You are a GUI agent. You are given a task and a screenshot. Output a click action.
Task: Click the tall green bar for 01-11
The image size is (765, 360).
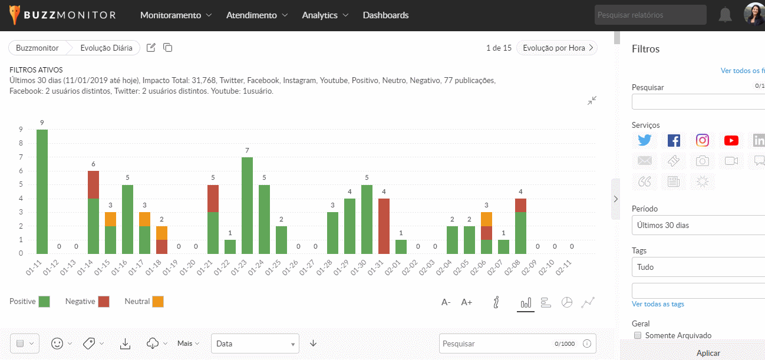pos(42,191)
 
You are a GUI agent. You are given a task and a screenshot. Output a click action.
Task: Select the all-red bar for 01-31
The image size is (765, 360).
pos(384,226)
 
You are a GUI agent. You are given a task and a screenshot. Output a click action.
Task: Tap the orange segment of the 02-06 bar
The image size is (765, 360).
pos(486,219)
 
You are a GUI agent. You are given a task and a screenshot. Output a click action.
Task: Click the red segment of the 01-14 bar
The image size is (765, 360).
pos(93,185)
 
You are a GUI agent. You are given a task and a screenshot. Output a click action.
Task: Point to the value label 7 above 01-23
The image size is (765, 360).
pos(247,150)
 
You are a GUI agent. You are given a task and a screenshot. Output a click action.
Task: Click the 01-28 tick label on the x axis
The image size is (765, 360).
pos(324,268)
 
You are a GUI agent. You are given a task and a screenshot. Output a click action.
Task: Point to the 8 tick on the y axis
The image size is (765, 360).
pos(21,143)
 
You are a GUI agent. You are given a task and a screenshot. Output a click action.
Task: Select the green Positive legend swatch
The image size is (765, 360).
pos(44,302)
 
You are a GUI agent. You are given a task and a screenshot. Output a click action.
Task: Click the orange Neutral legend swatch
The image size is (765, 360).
pos(158,302)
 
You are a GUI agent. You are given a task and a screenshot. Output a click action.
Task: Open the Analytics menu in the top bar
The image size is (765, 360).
pos(325,15)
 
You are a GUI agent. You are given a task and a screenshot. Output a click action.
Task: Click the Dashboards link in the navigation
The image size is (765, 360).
pos(385,15)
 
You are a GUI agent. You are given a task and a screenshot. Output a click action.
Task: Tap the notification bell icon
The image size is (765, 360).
pos(725,15)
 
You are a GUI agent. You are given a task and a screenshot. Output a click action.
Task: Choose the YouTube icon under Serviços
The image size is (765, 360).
pos(731,140)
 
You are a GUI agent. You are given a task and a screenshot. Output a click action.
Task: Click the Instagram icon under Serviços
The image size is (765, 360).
pos(703,140)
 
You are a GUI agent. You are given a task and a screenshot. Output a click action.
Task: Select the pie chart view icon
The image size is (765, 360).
pos(567,302)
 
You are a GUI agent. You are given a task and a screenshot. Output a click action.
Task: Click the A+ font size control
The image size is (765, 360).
pos(467,302)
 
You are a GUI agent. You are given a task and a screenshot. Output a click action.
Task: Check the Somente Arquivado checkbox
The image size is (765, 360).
pos(638,335)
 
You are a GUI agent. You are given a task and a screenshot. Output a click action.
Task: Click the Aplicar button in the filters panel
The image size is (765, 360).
pos(708,353)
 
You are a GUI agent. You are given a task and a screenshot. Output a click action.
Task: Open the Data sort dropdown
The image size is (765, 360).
pos(255,344)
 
